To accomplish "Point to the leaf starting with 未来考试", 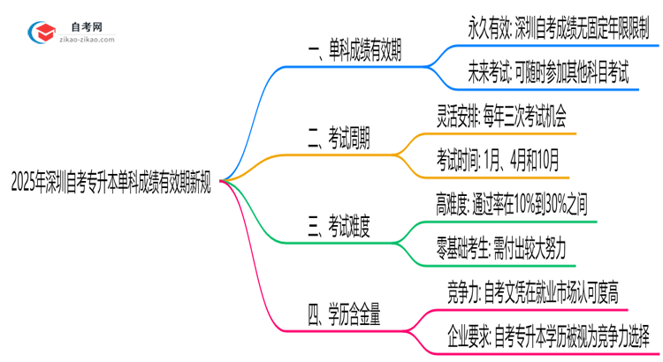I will [x=548, y=75].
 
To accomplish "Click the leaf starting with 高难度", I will [x=511, y=205].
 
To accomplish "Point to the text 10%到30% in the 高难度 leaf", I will [x=545, y=205].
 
